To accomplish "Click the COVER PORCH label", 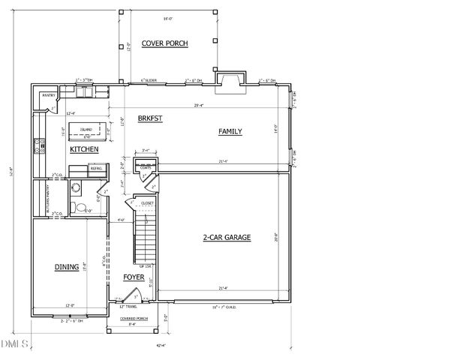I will [x=164, y=43].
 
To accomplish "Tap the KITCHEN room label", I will [x=85, y=150].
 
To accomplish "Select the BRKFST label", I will [x=151, y=118].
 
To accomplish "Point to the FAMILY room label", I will [x=230, y=132].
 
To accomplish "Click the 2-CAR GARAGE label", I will [x=226, y=238].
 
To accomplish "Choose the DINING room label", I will [x=66, y=266].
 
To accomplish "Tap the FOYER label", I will [x=134, y=277].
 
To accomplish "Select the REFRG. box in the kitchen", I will [x=96, y=169].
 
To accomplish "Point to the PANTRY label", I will [x=48, y=95].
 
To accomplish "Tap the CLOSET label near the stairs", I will [x=147, y=202].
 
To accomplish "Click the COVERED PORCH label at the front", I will [x=133, y=318].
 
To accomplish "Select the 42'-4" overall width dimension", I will [x=161, y=346].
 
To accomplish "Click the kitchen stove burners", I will [x=38, y=147].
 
